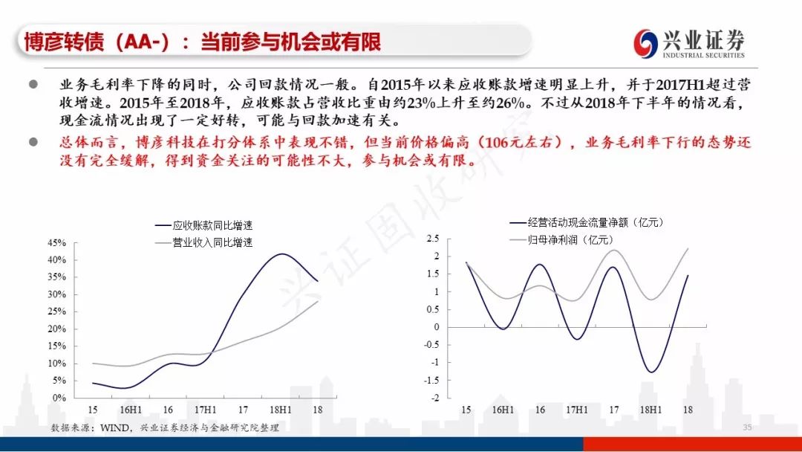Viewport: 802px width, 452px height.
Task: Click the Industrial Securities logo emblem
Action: (645, 43)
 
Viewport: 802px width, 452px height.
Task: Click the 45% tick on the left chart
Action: (56, 242)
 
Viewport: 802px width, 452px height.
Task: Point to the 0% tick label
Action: (59, 398)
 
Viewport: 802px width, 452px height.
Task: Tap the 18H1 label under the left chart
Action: (280, 410)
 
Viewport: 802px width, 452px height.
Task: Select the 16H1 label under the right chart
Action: (503, 410)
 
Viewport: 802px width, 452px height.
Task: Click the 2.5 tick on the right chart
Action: (433, 239)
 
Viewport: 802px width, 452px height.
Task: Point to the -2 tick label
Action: (434, 398)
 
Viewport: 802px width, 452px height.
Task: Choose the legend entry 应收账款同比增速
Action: (204, 225)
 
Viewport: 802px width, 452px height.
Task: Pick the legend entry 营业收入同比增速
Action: (204, 242)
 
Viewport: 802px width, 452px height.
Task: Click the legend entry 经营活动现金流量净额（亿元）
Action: (587, 222)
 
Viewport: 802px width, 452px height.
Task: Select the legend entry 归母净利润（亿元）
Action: (561, 239)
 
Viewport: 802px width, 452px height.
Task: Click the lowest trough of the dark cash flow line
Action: (651, 372)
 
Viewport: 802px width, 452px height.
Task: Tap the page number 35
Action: (747, 427)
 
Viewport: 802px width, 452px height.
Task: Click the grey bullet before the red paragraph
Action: (33, 142)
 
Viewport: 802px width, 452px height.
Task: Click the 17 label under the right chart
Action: (614, 410)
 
